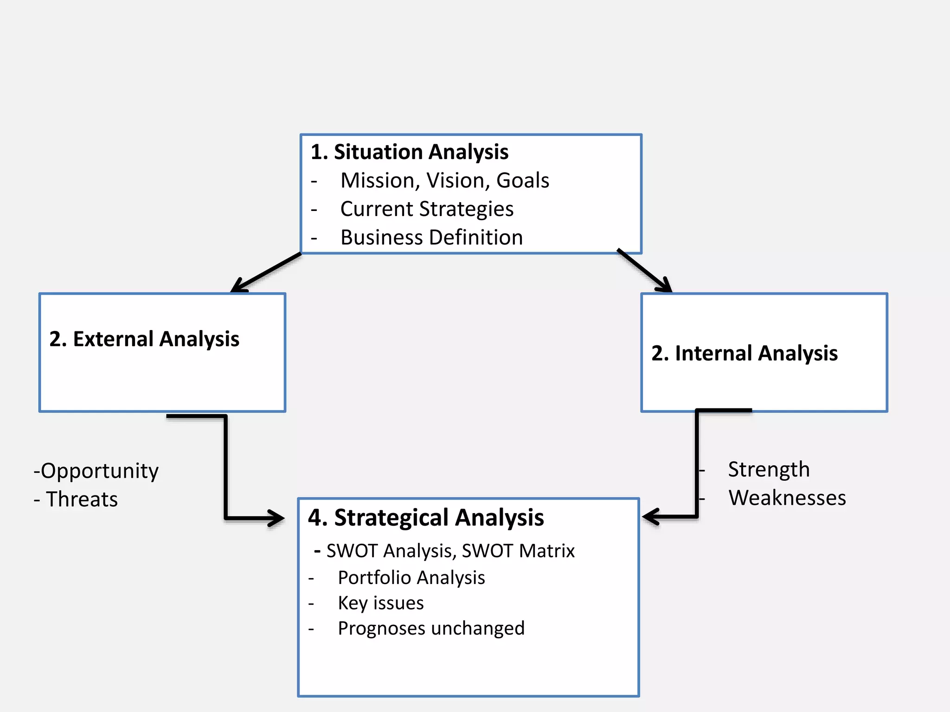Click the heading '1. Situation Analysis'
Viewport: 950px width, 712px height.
click(410, 152)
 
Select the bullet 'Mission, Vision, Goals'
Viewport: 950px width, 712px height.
click(444, 180)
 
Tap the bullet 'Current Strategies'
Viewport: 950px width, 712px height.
click(427, 209)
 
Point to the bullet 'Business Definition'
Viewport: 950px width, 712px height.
click(431, 237)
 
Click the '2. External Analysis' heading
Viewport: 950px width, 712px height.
click(144, 339)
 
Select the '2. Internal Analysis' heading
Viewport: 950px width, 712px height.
click(744, 353)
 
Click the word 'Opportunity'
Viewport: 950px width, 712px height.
click(99, 471)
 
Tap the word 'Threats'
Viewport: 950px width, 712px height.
click(82, 499)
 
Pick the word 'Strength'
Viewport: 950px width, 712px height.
click(769, 470)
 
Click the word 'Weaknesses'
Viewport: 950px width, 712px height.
click(787, 498)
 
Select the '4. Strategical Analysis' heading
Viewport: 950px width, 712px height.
click(426, 518)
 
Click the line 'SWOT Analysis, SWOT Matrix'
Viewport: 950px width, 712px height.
click(450, 551)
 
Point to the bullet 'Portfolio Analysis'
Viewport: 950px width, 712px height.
click(411, 578)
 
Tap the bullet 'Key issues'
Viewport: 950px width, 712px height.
click(380, 603)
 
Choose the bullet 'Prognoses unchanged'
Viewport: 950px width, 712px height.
click(431, 629)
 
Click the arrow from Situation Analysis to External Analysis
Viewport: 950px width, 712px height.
click(267, 272)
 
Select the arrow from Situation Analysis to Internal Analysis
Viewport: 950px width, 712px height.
click(644, 271)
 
